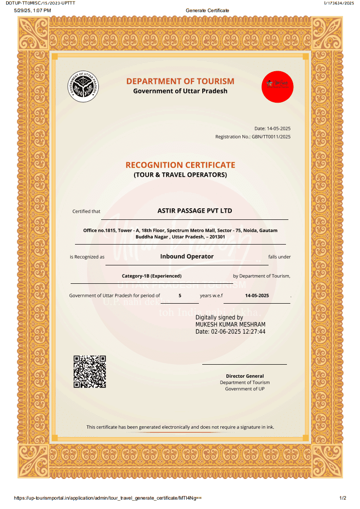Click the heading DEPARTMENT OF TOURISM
point(180,81)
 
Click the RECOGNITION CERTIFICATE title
point(180,165)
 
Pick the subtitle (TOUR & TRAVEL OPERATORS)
point(180,175)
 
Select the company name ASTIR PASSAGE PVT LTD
point(195,211)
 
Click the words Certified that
point(86,211)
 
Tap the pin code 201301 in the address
point(218,237)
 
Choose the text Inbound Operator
point(187,256)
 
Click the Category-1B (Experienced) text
point(151,276)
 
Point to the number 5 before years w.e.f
point(180,295)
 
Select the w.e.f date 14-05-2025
point(257,295)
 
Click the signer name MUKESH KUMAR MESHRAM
point(230,324)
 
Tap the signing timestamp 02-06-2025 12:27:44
point(238,332)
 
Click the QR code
point(90,371)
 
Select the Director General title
point(245,376)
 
